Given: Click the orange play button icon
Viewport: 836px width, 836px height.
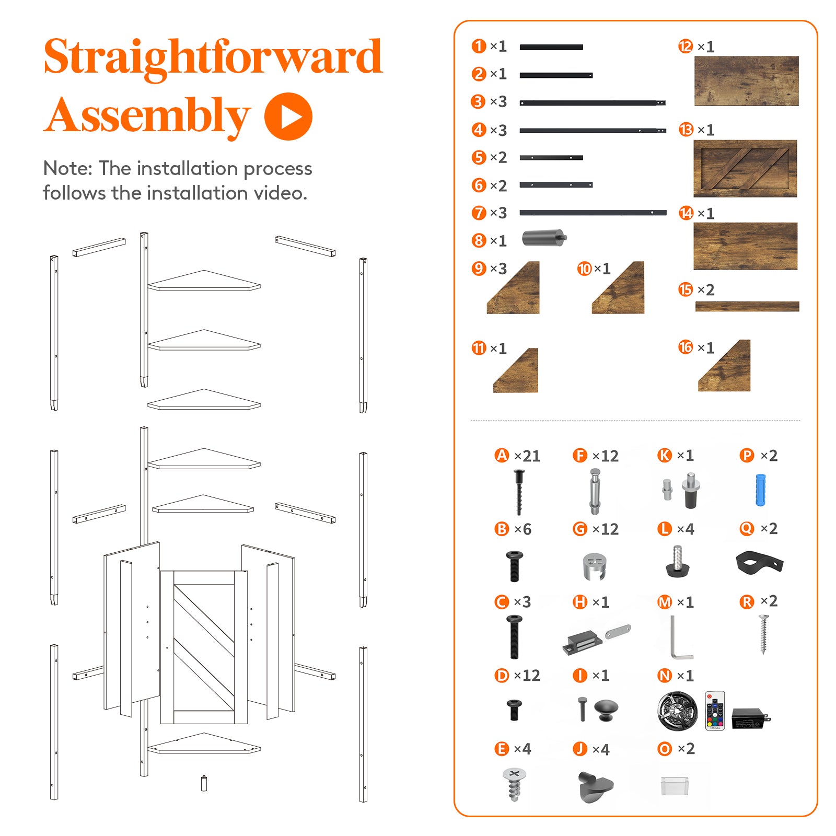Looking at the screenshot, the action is tap(288, 117).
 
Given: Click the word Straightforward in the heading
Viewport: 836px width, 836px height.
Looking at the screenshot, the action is tap(213, 57).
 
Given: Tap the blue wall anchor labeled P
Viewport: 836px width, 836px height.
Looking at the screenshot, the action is tap(761, 490).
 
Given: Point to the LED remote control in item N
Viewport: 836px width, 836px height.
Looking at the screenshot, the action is tap(715, 711).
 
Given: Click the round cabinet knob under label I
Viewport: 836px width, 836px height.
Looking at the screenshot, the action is tap(606, 710).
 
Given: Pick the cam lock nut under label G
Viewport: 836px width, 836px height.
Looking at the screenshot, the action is tap(594, 566).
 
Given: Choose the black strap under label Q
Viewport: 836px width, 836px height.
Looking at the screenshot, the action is tap(759, 562).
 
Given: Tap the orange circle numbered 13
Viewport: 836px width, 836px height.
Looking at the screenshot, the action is tap(686, 130).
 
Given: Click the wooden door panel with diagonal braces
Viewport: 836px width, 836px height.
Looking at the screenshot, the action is tap(745, 168).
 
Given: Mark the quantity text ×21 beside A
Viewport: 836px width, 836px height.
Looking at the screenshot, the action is tap(527, 456).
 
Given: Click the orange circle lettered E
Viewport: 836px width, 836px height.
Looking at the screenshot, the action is tap(502, 749).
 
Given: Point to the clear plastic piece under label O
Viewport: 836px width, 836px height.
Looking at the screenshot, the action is tap(675, 786).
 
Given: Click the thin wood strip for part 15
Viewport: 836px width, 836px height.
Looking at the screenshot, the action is tap(747, 306).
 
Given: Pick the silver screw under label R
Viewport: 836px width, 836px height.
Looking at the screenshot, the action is tap(763, 634).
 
